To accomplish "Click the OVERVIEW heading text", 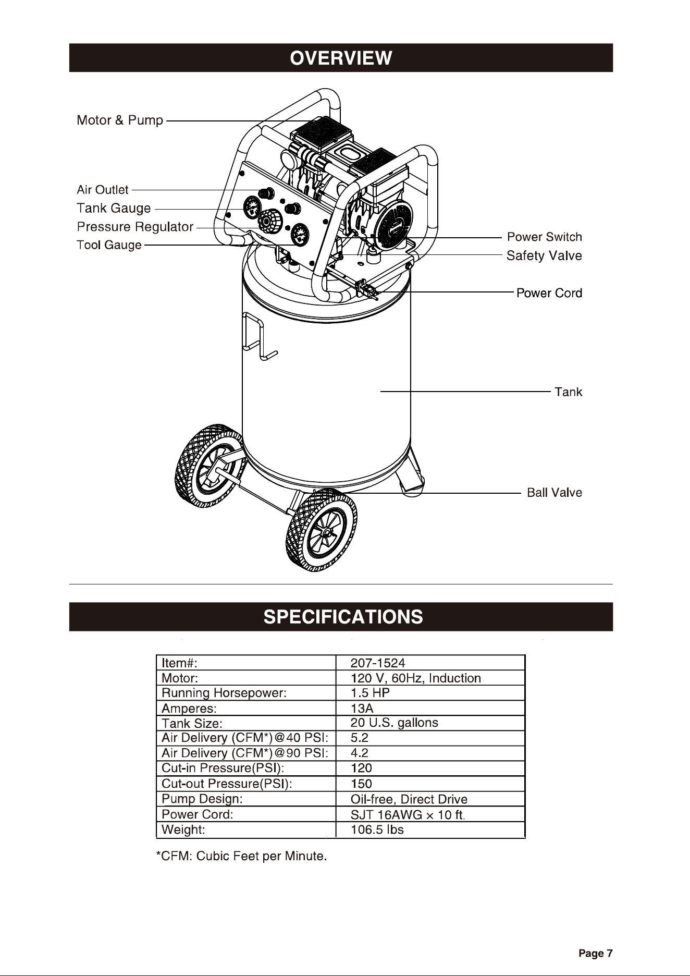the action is pyautogui.click(x=341, y=58).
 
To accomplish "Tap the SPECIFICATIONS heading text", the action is pyautogui.click(x=343, y=617).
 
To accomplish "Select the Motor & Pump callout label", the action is pyautogui.click(x=120, y=120).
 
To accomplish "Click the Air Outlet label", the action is pyautogui.click(x=103, y=190).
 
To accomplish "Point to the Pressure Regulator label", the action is pyautogui.click(x=135, y=227).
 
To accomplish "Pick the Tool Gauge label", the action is pyautogui.click(x=109, y=245).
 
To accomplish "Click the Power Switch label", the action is pyautogui.click(x=545, y=237).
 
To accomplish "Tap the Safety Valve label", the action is pyautogui.click(x=545, y=256).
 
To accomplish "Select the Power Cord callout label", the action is pyautogui.click(x=549, y=293).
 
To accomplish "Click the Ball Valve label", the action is pyautogui.click(x=555, y=493).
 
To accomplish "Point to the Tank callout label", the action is pyautogui.click(x=569, y=392).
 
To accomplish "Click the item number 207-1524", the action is pyautogui.click(x=378, y=663).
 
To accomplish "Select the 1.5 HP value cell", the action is pyautogui.click(x=370, y=693).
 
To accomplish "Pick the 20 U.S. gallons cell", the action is pyautogui.click(x=395, y=723).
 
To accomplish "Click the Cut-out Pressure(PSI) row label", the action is pyautogui.click(x=227, y=784).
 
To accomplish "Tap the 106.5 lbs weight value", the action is pyautogui.click(x=377, y=829).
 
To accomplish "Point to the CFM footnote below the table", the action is pyautogui.click(x=242, y=857).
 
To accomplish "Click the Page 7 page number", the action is pyautogui.click(x=596, y=954).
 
